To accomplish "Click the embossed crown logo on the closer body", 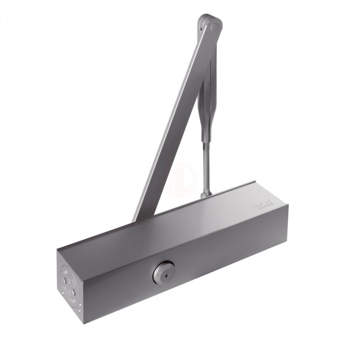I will [x=262, y=206].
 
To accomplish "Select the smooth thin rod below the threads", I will [x=206, y=177].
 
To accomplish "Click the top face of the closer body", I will [x=170, y=221].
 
